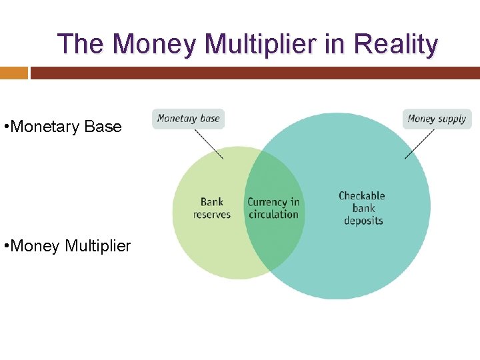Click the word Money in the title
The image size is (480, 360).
[156, 44]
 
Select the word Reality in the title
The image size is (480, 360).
[396, 44]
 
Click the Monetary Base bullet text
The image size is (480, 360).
[63, 127]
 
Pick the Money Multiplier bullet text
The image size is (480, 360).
[67, 246]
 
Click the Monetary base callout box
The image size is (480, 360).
[188, 119]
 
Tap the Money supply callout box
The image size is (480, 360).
[437, 119]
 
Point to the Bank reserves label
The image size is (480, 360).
[211, 208]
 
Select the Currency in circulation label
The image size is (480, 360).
[273, 208]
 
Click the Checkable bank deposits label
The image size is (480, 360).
[362, 208]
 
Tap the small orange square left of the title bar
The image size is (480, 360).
[13, 73]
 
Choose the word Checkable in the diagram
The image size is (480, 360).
[362, 196]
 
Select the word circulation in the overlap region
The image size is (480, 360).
[273, 215]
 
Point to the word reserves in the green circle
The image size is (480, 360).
[211, 215]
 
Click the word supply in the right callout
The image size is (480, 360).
[452, 119]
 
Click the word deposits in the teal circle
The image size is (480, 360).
[363, 221]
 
